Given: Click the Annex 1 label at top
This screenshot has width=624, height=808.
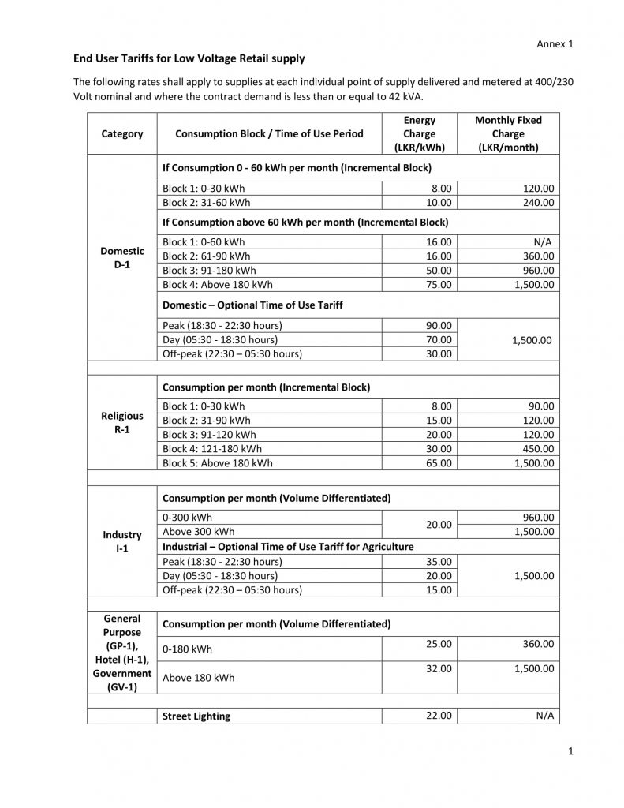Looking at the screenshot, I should pyautogui.click(x=555, y=44).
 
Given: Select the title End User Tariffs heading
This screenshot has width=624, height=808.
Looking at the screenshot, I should pyautogui.click(x=189, y=58).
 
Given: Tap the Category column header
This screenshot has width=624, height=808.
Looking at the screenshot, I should pyautogui.click(x=122, y=134).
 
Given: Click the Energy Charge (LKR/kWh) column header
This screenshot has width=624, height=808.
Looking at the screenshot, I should pyautogui.click(x=419, y=134).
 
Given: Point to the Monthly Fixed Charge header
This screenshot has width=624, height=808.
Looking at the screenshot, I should pyautogui.click(x=508, y=134).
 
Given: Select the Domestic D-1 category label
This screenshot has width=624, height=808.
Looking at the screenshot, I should pyautogui.click(x=122, y=258).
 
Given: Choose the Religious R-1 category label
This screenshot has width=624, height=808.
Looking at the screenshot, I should pyautogui.click(x=122, y=423).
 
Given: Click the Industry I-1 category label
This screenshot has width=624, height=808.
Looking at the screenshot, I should pyautogui.click(x=122, y=541).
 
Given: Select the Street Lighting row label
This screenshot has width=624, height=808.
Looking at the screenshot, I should pyautogui.click(x=196, y=716).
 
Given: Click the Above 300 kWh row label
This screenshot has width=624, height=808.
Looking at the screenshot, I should pyautogui.click(x=198, y=532).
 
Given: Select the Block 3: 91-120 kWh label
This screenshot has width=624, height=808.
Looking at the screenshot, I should pyautogui.click(x=209, y=435).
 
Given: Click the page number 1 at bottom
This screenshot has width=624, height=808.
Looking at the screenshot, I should pyautogui.click(x=570, y=752).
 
